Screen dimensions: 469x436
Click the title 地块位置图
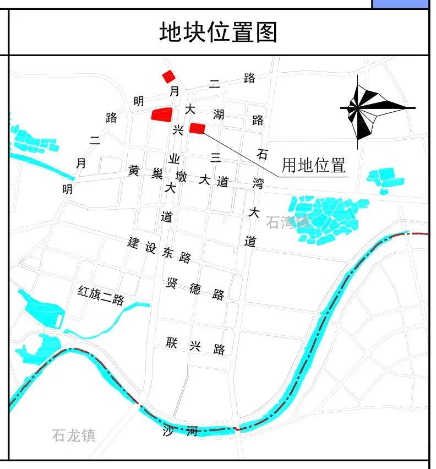coord(218,32)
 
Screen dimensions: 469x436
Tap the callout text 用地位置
coord(313,165)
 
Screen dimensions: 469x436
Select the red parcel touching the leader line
coord(197,128)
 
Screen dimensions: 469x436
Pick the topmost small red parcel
coord(168,76)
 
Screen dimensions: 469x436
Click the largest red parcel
coord(162,114)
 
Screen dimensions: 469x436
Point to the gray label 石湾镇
coord(287,222)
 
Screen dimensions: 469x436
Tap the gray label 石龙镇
coord(74,435)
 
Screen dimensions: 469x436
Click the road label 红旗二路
coord(101,296)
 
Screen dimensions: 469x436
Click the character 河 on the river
coord(192,431)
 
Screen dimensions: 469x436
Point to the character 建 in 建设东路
coord(133,243)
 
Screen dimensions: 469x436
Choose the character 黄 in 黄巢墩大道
coord(134,171)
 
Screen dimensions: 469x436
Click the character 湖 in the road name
coord(219,114)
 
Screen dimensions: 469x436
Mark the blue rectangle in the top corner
coord(400,4)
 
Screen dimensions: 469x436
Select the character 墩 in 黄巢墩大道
coord(181,177)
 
